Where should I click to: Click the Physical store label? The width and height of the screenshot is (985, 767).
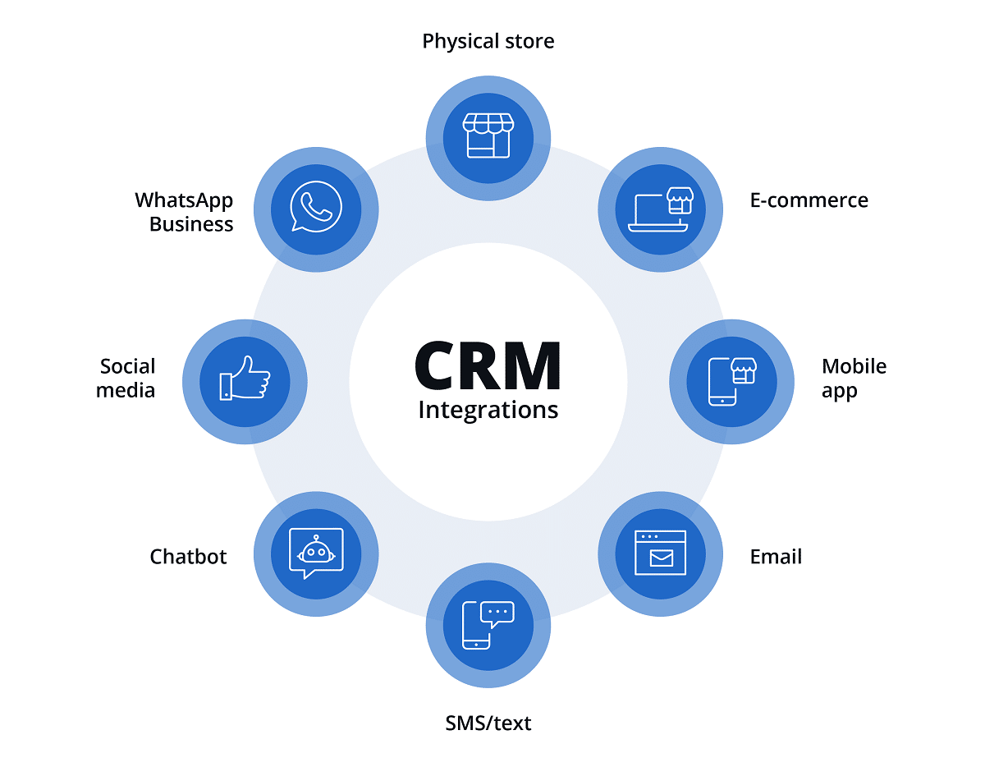(x=488, y=41)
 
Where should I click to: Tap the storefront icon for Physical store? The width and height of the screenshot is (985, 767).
(x=488, y=136)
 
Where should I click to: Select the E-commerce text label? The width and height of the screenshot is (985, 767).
(x=809, y=200)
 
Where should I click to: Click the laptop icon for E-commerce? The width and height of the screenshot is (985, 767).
(x=660, y=210)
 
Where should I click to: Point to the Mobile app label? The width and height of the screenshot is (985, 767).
(x=854, y=378)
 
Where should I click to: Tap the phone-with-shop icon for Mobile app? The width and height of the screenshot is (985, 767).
(x=731, y=381)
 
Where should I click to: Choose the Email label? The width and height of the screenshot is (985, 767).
(x=776, y=557)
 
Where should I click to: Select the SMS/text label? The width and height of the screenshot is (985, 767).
(x=488, y=723)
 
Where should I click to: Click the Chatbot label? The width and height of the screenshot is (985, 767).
(x=188, y=557)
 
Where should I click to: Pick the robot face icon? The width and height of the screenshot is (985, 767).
(x=316, y=553)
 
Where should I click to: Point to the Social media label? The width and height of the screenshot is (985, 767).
(x=126, y=378)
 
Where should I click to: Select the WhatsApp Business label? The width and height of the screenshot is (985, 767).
(x=184, y=212)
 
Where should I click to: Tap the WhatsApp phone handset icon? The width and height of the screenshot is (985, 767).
(x=315, y=209)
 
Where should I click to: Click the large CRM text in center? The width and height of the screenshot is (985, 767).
(x=488, y=365)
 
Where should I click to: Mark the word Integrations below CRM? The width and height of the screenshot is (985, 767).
(x=488, y=410)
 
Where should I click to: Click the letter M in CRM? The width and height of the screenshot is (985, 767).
(x=534, y=365)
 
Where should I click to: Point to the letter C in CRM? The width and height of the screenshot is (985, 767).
(x=436, y=365)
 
